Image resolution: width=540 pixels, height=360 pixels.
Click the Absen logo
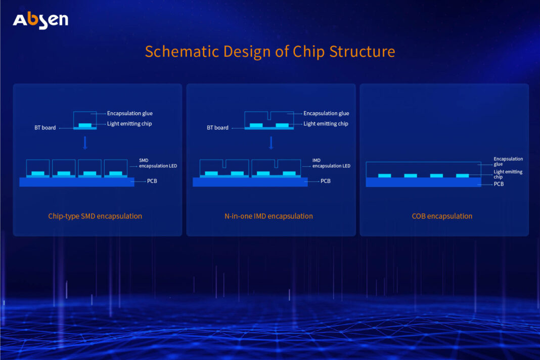click(40, 20)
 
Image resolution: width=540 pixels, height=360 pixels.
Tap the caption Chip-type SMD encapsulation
click(95, 216)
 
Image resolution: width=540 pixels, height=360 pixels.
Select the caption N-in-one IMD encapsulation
click(268, 216)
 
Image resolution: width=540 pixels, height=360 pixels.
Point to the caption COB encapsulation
click(442, 216)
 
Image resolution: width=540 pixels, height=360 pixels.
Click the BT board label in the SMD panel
click(45, 128)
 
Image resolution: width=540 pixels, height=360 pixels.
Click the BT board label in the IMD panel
click(217, 128)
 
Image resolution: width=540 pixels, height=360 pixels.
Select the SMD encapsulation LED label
click(158, 163)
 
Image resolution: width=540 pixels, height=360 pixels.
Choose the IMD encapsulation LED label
click(331, 163)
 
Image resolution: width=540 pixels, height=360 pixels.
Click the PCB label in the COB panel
click(499, 184)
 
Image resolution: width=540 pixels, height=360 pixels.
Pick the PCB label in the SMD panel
click(152, 181)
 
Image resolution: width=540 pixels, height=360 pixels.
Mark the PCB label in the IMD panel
click(326, 181)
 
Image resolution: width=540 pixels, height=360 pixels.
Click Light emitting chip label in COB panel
click(508, 174)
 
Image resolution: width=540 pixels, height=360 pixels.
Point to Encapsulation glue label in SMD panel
click(129, 113)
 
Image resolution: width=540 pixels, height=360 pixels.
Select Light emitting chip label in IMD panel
click(326, 123)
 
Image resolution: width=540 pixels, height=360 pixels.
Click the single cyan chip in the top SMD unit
click(85, 125)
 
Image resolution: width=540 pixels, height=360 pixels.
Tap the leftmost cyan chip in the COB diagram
click(385, 175)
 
